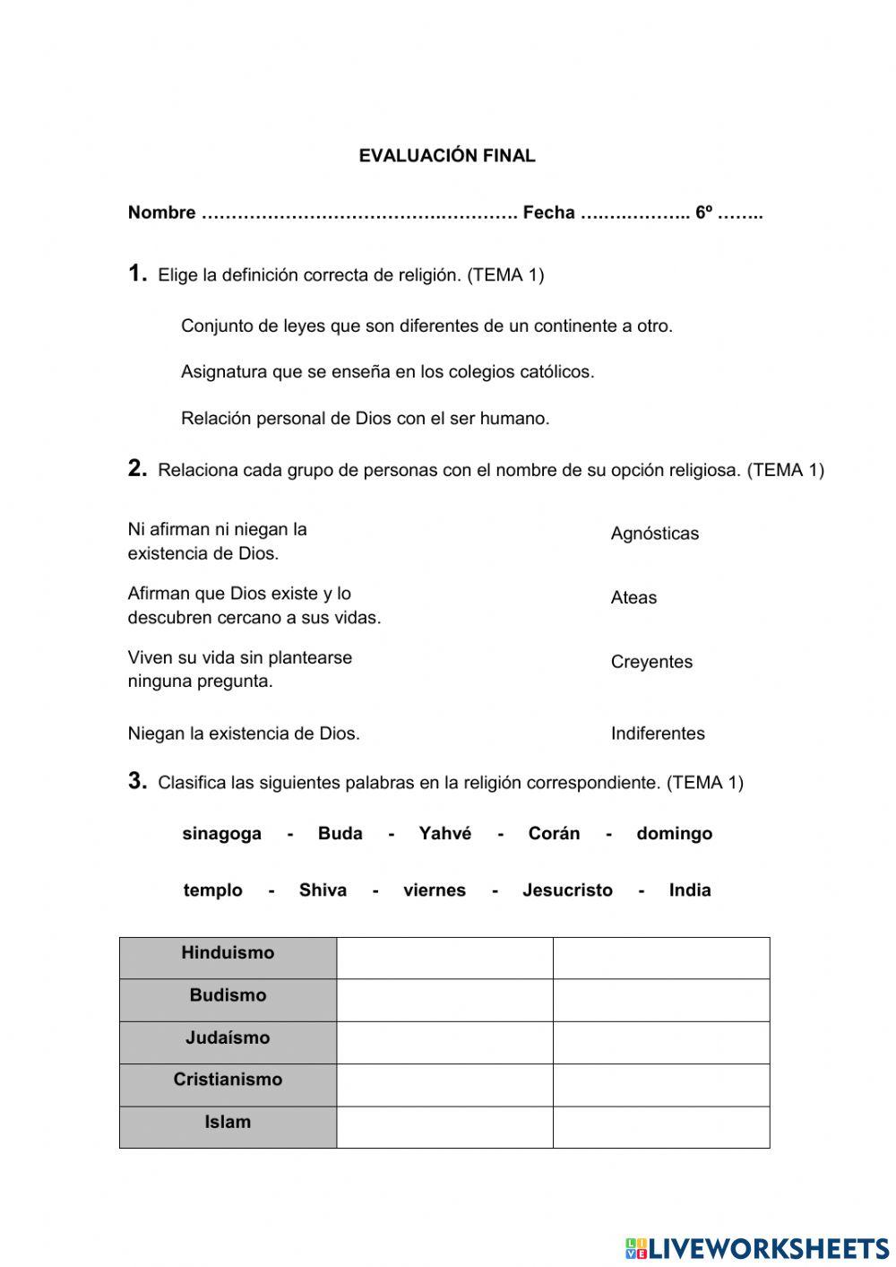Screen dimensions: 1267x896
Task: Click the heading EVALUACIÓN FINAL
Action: (x=447, y=156)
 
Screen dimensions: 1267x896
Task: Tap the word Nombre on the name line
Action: (x=161, y=213)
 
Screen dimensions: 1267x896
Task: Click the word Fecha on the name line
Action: (x=548, y=213)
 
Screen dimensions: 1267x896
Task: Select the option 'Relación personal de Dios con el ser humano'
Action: (x=365, y=419)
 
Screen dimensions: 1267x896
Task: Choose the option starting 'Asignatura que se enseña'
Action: (x=387, y=372)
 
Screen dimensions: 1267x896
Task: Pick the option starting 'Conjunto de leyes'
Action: (x=426, y=326)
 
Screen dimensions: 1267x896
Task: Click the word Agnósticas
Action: (x=654, y=534)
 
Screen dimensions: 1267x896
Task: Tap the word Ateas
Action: (x=633, y=598)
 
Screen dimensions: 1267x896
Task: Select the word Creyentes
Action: (x=651, y=663)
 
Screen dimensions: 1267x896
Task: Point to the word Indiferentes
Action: (x=658, y=733)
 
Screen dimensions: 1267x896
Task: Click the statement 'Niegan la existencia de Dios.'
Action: (x=244, y=733)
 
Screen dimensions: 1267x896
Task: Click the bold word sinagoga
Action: (x=221, y=834)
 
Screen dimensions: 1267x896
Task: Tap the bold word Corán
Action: (x=554, y=834)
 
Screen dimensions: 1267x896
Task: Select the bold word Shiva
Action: (x=323, y=890)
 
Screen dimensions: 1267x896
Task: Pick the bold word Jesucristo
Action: (x=567, y=890)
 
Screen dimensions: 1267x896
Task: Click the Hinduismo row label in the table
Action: (x=228, y=953)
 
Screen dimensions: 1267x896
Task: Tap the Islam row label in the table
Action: (x=228, y=1123)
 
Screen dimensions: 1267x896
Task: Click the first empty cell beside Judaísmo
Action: (x=444, y=1043)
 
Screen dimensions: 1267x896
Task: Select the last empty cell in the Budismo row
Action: (x=661, y=1000)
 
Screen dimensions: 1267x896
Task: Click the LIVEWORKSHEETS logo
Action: (x=757, y=1248)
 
